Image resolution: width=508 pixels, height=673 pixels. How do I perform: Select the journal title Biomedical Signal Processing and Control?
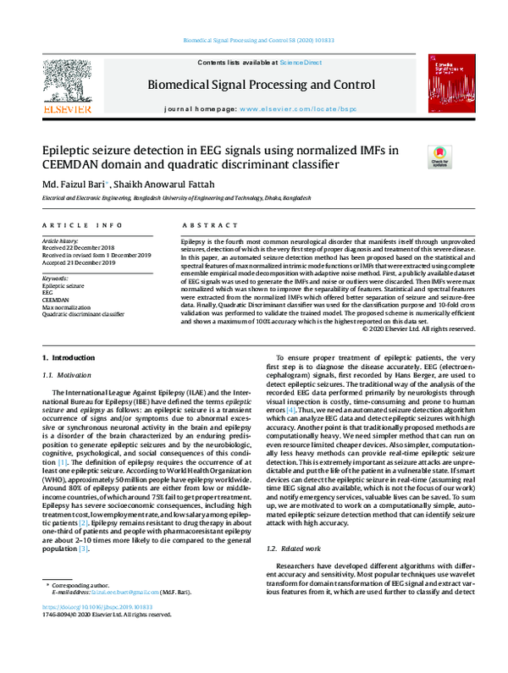point(262,85)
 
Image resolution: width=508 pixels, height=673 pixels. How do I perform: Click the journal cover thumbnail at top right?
point(448,85)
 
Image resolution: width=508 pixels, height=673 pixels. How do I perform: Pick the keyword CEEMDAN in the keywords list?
point(56,300)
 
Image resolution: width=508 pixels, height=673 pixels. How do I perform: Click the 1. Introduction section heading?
point(69,360)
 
